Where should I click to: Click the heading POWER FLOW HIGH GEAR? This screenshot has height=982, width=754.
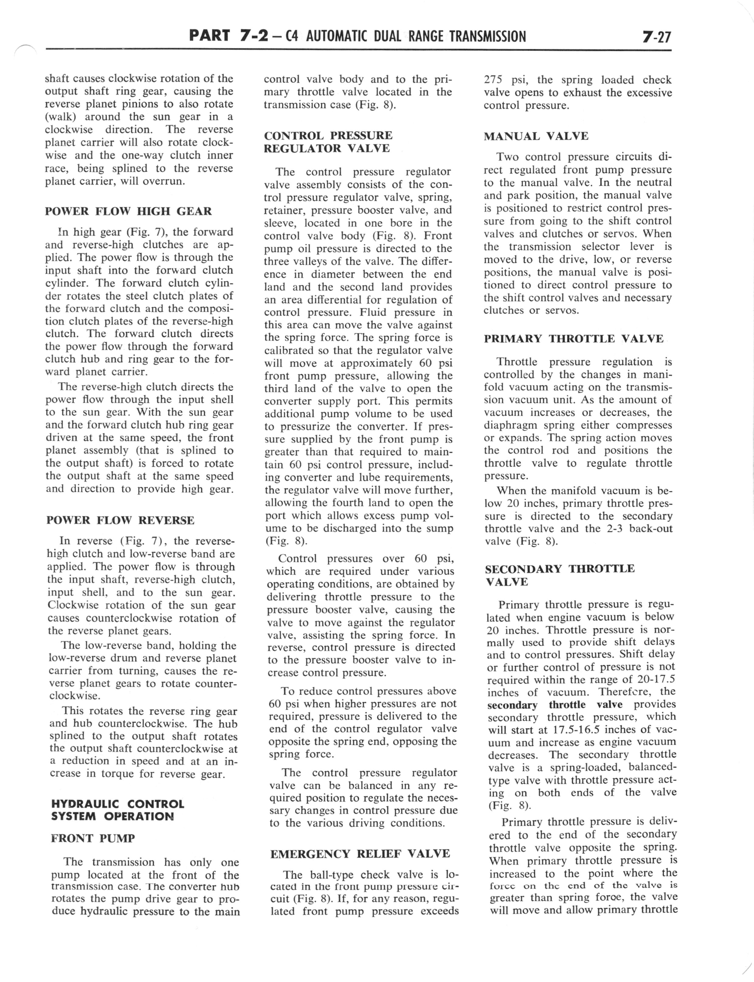pyautogui.click(x=128, y=211)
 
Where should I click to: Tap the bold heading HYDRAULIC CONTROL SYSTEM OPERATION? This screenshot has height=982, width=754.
pyautogui.click(x=118, y=810)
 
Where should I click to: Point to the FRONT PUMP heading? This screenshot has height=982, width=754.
pyautogui.click(x=93, y=838)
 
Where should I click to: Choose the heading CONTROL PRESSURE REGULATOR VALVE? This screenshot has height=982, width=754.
pyautogui.click(x=328, y=142)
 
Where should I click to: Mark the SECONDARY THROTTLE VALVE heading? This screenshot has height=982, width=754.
pyautogui.click(x=560, y=575)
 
